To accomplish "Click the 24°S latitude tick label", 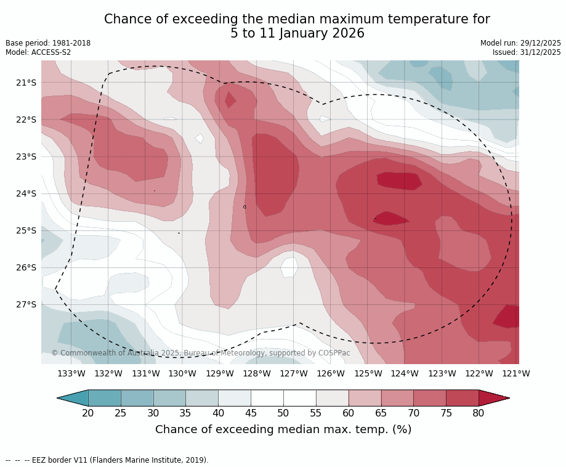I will [26, 193].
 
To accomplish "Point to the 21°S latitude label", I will [26, 83].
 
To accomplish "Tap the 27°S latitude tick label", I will [26, 304].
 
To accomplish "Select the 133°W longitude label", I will [71, 373].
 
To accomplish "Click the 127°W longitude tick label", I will [294, 373].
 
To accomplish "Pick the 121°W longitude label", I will [516, 373].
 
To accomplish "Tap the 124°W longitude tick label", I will [405, 373].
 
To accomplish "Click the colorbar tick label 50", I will [283, 413].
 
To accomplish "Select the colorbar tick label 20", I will [88, 413].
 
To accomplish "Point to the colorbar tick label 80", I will [479, 413].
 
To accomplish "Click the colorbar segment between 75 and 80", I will [462, 398].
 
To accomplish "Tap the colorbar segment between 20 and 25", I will [104, 398].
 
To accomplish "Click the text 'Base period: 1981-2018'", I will [48, 43].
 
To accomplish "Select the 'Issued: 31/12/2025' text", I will [527, 52].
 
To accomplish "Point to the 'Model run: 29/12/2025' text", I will [520, 43].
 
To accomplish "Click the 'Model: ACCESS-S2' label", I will [38, 52].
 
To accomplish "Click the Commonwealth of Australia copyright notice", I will [200, 353].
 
